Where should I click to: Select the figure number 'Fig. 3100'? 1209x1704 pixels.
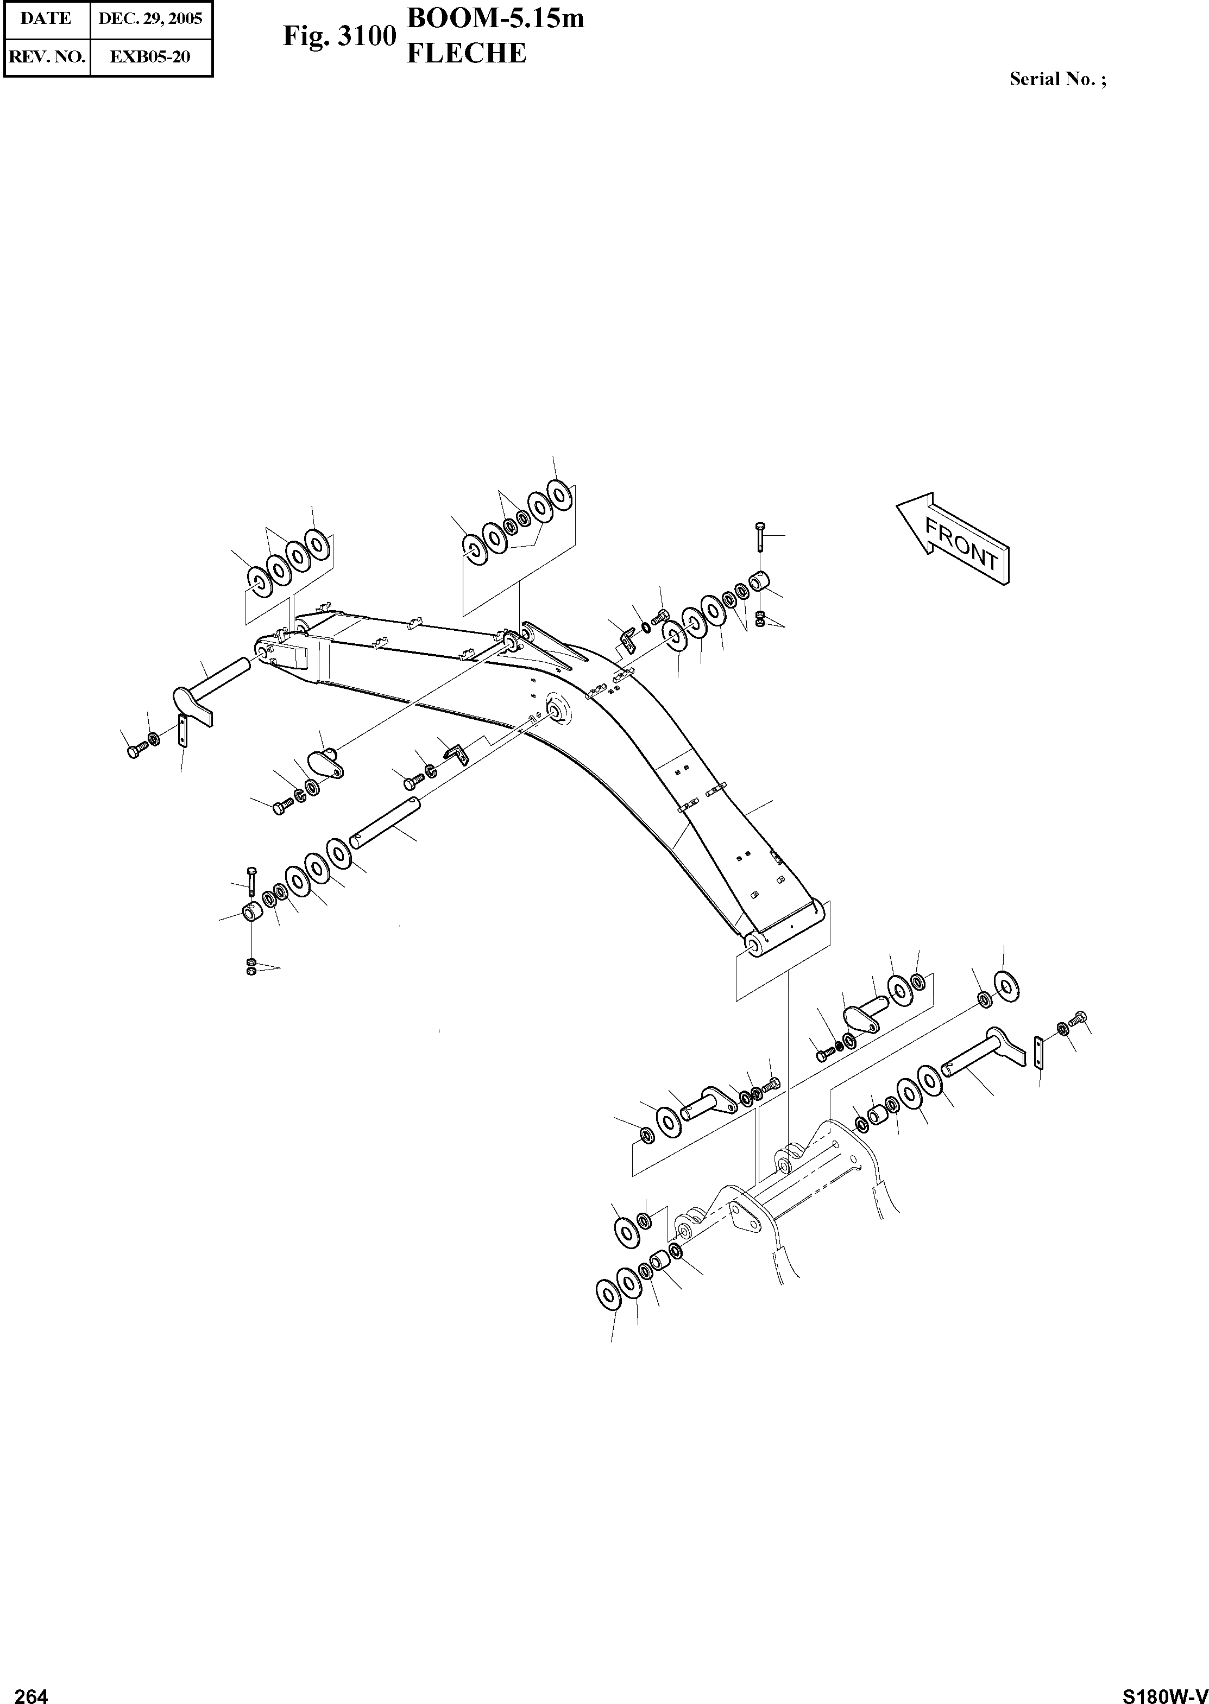[x=339, y=36]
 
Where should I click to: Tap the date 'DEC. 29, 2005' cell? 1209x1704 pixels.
[x=150, y=18]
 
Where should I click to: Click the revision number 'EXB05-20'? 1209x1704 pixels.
[x=150, y=56]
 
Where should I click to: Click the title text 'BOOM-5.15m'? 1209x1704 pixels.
[x=495, y=18]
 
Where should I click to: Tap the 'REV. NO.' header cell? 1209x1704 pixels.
[x=46, y=56]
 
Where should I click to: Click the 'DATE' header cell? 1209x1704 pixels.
[x=46, y=18]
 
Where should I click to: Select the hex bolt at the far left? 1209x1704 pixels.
[x=134, y=751]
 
